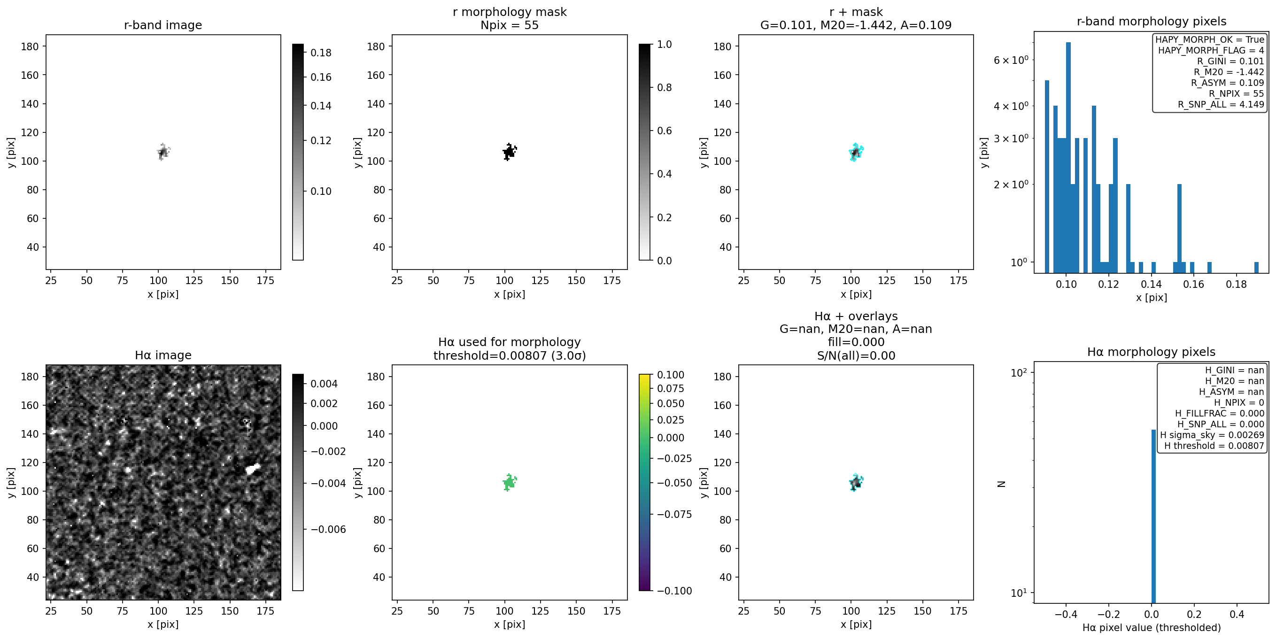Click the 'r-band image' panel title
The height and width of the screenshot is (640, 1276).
pyautogui.click(x=163, y=25)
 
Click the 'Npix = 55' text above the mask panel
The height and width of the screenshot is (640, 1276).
pyautogui.click(x=509, y=25)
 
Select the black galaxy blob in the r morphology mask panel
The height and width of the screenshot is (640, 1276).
pyautogui.click(x=509, y=152)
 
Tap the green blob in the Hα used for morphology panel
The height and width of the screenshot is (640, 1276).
pyautogui.click(x=509, y=482)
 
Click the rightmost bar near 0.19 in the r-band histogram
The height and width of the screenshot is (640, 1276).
pyautogui.click(x=1256, y=268)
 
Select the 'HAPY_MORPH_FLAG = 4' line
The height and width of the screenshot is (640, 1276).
pyautogui.click(x=1211, y=50)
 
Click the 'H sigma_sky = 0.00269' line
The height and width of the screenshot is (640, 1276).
pyautogui.click(x=1212, y=435)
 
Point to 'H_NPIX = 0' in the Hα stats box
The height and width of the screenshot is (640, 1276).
pyautogui.click(x=1239, y=402)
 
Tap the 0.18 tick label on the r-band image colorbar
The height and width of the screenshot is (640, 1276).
pyautogui.click(x=321, y=53)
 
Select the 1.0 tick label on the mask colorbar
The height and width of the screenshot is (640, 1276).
pyautogui.click(x=664, y=44)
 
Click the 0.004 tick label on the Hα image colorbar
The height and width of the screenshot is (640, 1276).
pyautogui.click(x=324, y=384)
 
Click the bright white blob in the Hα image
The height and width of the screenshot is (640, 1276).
pyautogui.click(x=253, y=469)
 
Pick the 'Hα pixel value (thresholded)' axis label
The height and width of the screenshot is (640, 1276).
pyautogui.click(x=1151, y=628)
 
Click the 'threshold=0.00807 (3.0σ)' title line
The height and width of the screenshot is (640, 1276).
pyautogui.click(x=509, y=355)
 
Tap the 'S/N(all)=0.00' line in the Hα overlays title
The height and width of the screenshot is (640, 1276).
pyautogui.click(x=856, y=355)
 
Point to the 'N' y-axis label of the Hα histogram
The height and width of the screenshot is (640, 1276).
pyautogui.click(x=1001, y=484)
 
